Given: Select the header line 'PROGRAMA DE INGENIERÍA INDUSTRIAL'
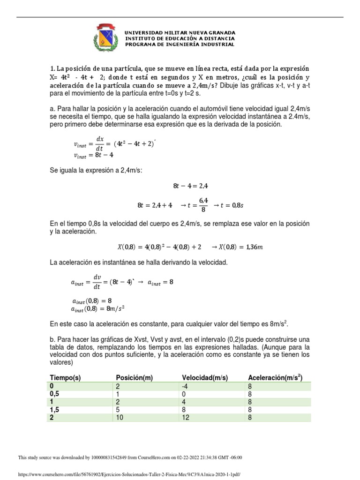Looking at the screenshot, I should pyautogui.click(x=180, y=45).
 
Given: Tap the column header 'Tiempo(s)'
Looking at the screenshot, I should pyautogui.click(x=65, y=378).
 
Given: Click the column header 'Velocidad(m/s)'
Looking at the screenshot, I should pyautogui.click(x=205, y=378).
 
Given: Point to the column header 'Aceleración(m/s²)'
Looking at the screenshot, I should pyautogui.click(x=275, y=378).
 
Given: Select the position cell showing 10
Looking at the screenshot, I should pyautogui.click(x=120, y=418).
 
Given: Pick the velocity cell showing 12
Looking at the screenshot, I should pyautogui.click(x=187, y=418).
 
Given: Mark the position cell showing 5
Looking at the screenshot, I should pyautogui.click(x=118, y=410).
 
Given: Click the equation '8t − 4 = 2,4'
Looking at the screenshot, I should pyautogui.click(x=191, y=186).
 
